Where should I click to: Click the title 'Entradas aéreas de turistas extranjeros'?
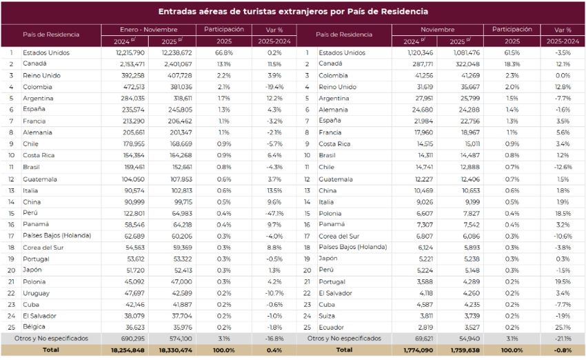(x=292, y=12)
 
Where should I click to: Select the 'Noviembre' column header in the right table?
(x=437, y=30)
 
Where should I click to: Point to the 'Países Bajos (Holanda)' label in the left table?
(x=57, y=236)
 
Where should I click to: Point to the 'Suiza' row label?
(x=327, y=316)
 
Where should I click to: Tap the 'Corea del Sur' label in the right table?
(x=341, y=236)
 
